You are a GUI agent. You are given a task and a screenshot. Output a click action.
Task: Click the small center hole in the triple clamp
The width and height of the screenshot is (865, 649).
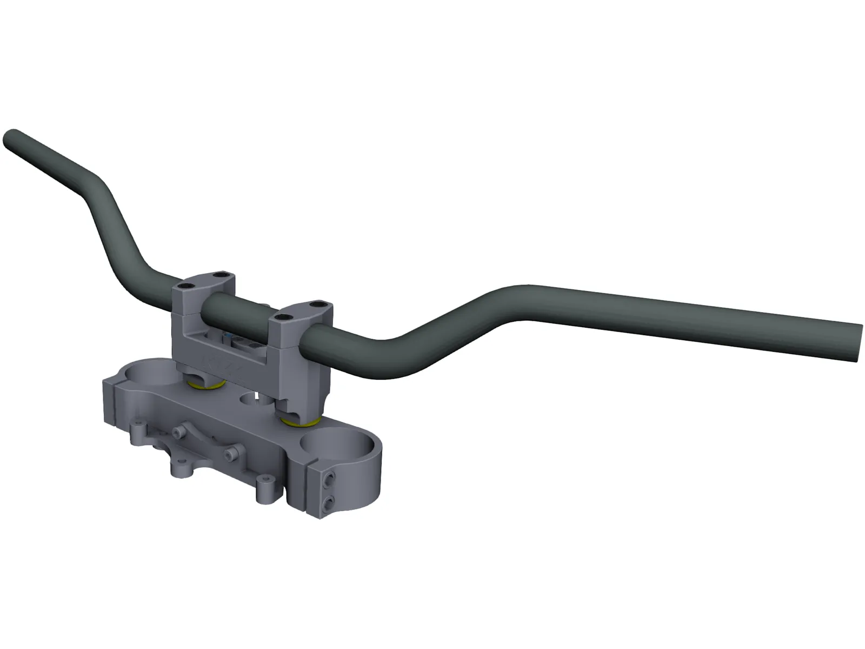pyautogui.click(x=250, y=400)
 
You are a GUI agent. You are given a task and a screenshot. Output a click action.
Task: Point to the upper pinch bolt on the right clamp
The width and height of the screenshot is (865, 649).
pyautogui.click(x=329, y=476)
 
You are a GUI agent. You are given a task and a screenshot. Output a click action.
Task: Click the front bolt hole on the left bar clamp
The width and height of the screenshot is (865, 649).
pyautogui.click(x=187, y=286)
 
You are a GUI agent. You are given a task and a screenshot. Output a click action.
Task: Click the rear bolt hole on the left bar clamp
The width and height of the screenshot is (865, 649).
pyautogui.click(x=219, y=275)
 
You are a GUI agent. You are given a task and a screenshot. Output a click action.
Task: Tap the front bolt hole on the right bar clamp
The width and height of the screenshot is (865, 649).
pyautogui.click(x=281, y=315)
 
